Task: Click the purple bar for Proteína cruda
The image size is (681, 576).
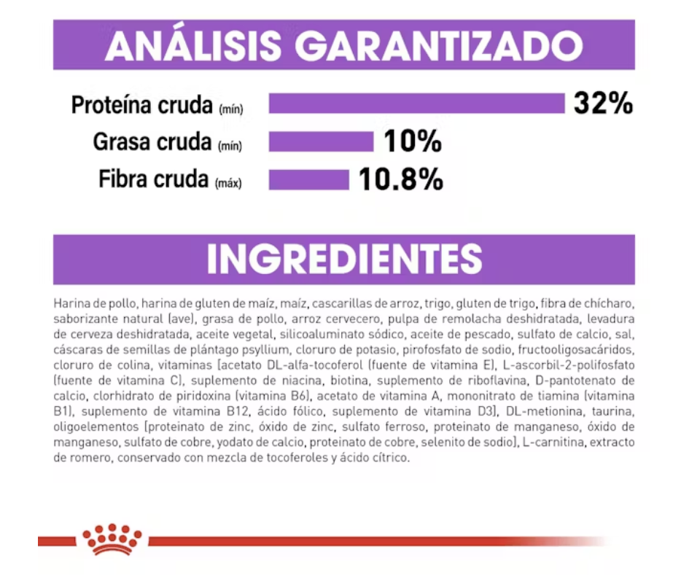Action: (416, 104)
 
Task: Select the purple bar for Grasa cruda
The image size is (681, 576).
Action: (321, 141)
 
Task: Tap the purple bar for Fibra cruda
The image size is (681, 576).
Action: (309, 179)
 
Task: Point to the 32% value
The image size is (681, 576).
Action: (603, 104)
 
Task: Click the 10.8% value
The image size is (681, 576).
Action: (400, 179)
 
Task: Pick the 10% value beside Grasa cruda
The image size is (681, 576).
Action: (413, 141)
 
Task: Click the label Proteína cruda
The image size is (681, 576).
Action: (141, 105)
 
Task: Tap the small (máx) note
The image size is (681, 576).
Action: (228, 184)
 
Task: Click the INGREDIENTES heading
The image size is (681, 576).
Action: (344, 259)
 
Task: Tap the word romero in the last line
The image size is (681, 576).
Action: (89, 458)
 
